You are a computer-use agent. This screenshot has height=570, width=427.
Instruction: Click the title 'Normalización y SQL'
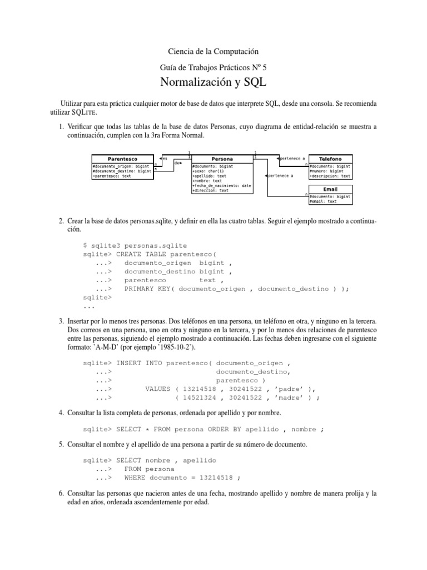tap(213, 83)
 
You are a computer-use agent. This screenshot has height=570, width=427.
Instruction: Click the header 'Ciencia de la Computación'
tap(213, 51)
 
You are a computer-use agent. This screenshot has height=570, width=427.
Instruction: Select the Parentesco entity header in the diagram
tap(122, 159)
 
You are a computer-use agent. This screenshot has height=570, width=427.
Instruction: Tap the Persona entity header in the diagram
tap(221, 159)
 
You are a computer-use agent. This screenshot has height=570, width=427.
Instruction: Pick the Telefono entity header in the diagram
tap(330, 159)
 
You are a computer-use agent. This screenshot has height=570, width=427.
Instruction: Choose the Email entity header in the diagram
tap(330, 189)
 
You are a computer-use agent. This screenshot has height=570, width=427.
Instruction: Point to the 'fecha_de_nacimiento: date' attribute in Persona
tap(221, 185)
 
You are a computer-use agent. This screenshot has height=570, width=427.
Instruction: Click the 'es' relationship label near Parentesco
tap(165, 158)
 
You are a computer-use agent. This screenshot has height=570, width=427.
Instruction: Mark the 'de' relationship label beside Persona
tap(177, 163)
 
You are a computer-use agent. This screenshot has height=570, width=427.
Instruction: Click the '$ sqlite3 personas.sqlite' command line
tap(135, 245)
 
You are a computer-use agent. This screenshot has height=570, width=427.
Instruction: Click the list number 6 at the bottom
tap(61, 493)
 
